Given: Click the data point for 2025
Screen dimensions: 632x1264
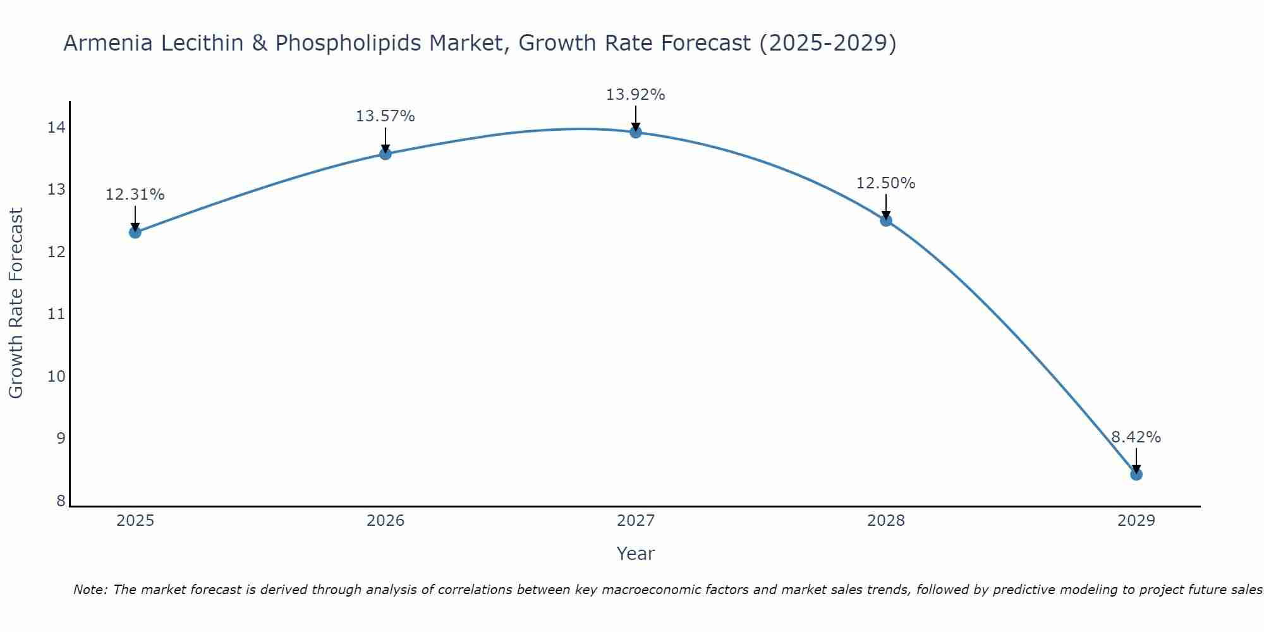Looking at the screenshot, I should tap(135, 232).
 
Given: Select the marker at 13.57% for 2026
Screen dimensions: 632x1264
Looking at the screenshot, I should tap(386, 154).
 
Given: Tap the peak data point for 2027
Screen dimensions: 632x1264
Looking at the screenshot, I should tap(636, 132).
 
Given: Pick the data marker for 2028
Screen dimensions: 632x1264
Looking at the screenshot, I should tap(886, 220).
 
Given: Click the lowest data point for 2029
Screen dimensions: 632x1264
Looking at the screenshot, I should tap(1136, 474).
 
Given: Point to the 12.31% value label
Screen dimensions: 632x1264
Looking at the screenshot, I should tap(135, 195).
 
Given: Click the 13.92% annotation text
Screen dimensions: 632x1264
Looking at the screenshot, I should tap(635, 95).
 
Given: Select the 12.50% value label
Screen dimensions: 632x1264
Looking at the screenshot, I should tap(885, 183).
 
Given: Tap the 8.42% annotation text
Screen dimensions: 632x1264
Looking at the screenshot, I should tap(1136, 437).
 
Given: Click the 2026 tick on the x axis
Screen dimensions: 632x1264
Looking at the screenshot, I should tap(386, 521).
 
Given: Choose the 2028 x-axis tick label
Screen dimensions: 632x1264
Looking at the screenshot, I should tap(886, 521).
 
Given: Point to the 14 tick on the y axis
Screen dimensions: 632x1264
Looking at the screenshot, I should tap(56, 128).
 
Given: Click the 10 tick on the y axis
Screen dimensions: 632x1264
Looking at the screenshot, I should tap(56, 377).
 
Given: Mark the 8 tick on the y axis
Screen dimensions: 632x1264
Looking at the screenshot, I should tap(61, 501).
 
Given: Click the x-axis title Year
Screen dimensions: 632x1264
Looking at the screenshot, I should tap(635, 554).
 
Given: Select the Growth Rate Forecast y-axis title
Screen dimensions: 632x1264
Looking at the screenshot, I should tap(16, 303).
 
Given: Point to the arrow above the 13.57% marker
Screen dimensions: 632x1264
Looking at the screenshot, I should tap(386, 140).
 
